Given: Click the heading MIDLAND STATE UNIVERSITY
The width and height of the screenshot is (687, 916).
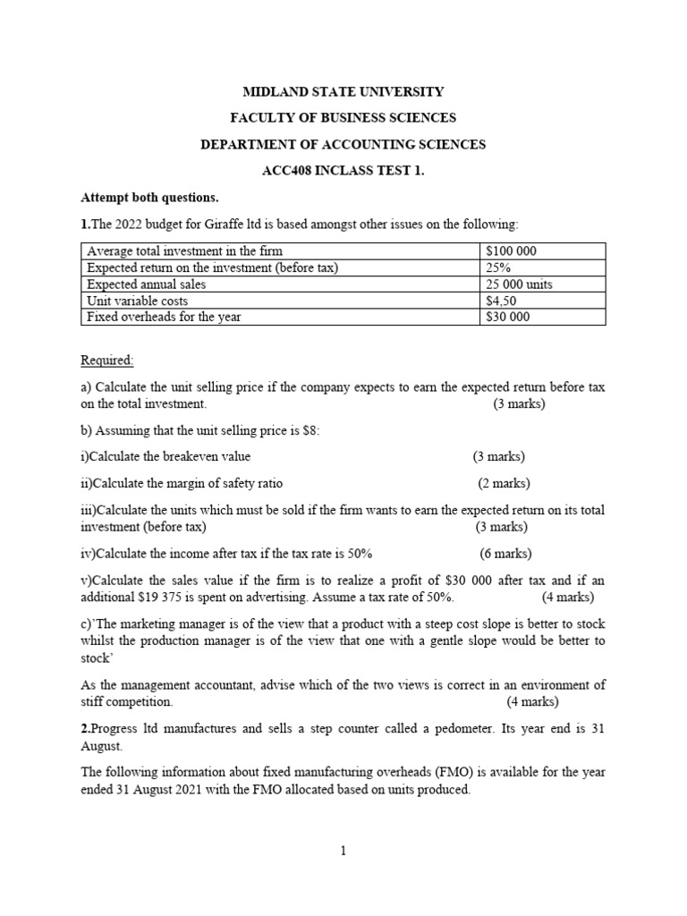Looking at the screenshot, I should [343, 91].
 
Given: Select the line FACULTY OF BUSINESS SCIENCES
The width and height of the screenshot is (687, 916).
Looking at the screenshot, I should [343, 117].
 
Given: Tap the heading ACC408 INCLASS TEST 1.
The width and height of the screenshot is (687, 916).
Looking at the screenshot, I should [343, 170].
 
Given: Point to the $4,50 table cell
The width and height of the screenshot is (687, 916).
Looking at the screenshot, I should [500, 301].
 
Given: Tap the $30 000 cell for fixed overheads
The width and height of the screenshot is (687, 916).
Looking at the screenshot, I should [507, 317].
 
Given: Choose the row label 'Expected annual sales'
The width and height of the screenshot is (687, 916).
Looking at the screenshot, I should [146, 284].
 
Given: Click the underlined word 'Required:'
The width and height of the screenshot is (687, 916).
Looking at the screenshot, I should [107, 360].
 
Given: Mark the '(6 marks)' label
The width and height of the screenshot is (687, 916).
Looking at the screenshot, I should [505, 553].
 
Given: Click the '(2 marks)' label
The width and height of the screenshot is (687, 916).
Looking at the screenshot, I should [504, 483].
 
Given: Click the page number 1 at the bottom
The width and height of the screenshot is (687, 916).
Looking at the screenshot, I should [343, 851].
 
